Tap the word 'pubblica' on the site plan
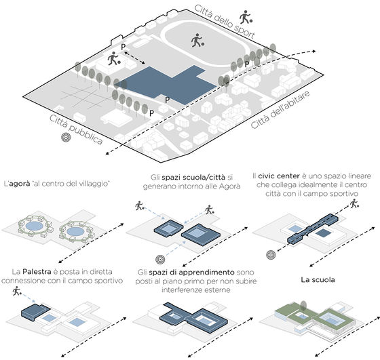tap(85, 135)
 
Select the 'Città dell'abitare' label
tap(280, 110)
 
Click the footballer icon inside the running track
tap(197, 41)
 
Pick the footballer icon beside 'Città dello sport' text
tap(246, 17)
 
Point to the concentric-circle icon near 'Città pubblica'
tap(66, 137)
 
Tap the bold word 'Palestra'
tap(37, 272)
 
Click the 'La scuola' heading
tap(318, 280)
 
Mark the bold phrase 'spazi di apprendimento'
tap(191, 273)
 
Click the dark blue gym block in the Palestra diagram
tap(35, 312)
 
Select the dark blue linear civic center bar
tap(313, 228)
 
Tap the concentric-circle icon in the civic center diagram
tap(271, 255)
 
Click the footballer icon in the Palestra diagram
tap(17, 291)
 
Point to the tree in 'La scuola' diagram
tap(303, 306)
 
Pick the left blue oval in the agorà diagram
tap(34, 226)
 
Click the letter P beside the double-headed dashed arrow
tap(123, 47)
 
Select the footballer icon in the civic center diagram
tap(354, 203)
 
